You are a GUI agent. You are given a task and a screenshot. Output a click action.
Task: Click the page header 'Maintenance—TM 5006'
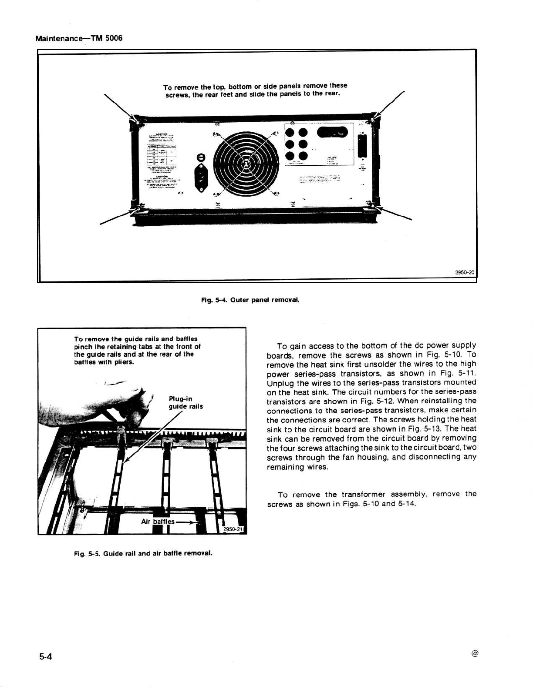point(79,38)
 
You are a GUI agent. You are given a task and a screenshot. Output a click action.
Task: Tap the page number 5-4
point(44,657)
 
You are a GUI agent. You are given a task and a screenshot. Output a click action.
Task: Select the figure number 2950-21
point(234,529)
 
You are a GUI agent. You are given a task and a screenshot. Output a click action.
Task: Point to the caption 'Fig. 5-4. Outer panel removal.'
point(250,300)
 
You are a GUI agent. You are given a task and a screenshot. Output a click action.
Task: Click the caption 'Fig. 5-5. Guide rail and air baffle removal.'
point(143,553)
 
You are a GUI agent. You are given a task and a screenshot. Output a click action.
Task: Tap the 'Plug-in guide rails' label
point(186,403)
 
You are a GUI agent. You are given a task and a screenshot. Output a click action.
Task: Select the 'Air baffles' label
point(158,521)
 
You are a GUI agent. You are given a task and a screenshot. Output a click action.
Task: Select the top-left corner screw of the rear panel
point(136,119)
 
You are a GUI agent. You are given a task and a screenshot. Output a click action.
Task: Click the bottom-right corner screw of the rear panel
point(372,204)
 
